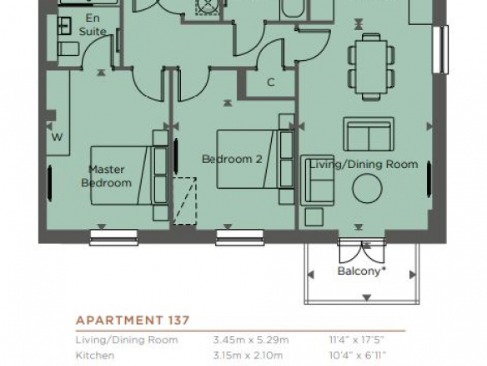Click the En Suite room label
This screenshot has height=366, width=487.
[x=93, y=25]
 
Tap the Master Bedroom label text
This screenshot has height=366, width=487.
[x=107, y=176]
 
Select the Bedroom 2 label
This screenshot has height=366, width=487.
[x=232, y=159]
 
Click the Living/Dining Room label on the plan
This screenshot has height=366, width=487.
[x=364, y=164]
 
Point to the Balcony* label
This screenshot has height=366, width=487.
[x=362, y=271]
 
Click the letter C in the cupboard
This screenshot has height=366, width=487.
[x=271, y=82]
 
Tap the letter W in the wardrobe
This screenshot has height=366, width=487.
[x=58, y=137]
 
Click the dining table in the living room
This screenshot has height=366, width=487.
[x=371, y=67]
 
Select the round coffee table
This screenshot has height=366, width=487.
[x=367, y=188]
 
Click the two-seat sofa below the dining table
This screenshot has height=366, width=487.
[x=369, y=135]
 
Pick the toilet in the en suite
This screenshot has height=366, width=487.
[x=68, y=49]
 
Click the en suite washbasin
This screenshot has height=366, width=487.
[x=64, y=26]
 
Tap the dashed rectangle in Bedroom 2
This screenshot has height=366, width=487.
[x=185, y=201]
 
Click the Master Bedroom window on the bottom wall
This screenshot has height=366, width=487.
[x=113, y=237]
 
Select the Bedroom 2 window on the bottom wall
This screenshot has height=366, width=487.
[x=240, y=237]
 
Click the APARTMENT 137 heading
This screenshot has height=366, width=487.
[x=133, y=320]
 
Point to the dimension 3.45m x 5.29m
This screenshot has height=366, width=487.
[x=251, y=339]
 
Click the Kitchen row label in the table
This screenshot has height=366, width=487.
[x=95, y=355]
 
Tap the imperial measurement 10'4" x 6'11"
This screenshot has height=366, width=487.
[x=358, y=355]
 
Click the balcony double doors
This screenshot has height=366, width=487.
[x=362, y=251]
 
